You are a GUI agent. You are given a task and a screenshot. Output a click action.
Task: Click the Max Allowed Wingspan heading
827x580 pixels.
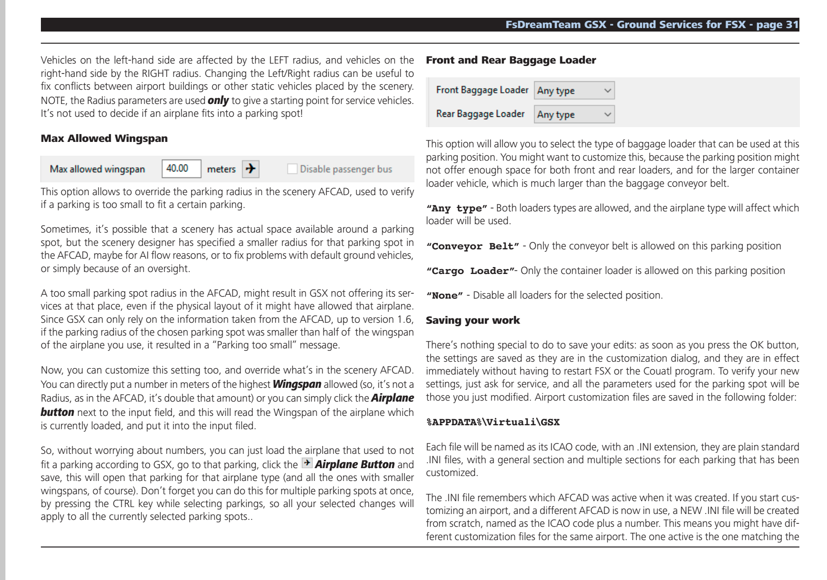(104, 138)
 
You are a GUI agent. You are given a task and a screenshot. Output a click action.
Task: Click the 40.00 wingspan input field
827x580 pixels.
(181, 169)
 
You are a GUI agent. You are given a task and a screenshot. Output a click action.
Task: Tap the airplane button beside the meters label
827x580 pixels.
(250, 169)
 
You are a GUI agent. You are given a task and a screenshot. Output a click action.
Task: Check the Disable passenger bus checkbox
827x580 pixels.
(293, 169)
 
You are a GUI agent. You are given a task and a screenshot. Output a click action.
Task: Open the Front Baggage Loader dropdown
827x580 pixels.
(574, 91)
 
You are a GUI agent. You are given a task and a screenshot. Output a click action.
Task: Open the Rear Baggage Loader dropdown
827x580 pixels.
(574, 114)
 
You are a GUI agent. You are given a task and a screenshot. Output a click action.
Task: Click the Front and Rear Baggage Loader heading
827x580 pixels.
(511, 61)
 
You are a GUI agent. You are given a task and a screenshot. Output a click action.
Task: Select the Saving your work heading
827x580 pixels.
(473, 320)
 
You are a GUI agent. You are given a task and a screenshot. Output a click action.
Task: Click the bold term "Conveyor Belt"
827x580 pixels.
(472, 246)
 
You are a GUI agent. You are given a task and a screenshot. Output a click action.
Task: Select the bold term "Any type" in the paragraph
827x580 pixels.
(456, 208)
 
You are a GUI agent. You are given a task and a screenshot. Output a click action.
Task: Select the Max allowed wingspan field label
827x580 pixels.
(97, 169)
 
